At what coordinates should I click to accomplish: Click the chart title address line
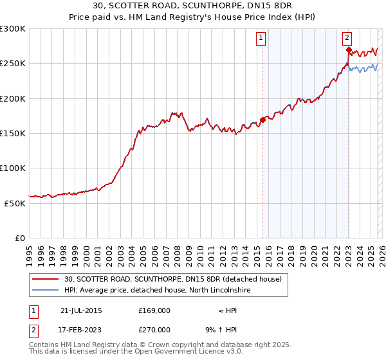pyautogui.click(x=193, y=6)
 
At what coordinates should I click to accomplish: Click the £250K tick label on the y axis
pyautogui.click(x=13, y=64)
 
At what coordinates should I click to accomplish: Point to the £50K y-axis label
pyautogui.click(x=15, y=203)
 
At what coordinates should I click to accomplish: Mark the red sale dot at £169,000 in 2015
pyautogui.click(x=263, y=120)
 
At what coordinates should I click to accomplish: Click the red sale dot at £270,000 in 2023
pyautogui.click(x=349, y=50)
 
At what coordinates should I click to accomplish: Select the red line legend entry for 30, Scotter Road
pyautogui.click(x=172, y=280)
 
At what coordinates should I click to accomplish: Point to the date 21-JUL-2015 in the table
pyautogui.click(x=81, y=310)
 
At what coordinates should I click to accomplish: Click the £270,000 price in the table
pyautogui.click(x=154, y=329)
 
